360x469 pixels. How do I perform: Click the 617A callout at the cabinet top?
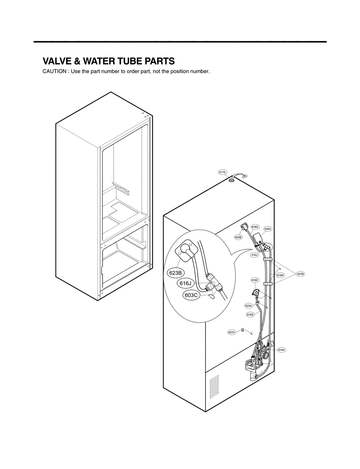[x=222, y=172]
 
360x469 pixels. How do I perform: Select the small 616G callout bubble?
[x=255, y=227]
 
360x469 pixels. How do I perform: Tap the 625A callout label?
[x=268, y=229]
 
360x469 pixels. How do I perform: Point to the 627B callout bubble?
[x=300, y=274]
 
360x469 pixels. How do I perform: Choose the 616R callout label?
[x=280, y=275]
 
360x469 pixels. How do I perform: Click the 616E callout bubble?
[x=254, y=280]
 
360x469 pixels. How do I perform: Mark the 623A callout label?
[x=248, y=306]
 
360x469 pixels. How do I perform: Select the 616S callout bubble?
[x=250, y=315]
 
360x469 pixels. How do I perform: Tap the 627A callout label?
[x=232, y=332]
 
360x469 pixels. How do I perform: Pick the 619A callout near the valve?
[x=282, y=350]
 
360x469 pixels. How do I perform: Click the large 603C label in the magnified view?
[x=191, y=295]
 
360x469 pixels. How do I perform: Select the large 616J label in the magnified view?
[x=185, y=283]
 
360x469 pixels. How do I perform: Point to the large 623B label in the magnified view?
[x=175, y=273]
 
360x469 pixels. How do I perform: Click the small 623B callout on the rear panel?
[x=238, y=237]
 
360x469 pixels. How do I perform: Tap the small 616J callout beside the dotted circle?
[x=254, y=255]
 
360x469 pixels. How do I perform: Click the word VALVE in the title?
[x=56, y=61]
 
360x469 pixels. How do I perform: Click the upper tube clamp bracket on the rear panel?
[x=267, y=259]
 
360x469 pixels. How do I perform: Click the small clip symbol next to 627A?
[x=243, y=330]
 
